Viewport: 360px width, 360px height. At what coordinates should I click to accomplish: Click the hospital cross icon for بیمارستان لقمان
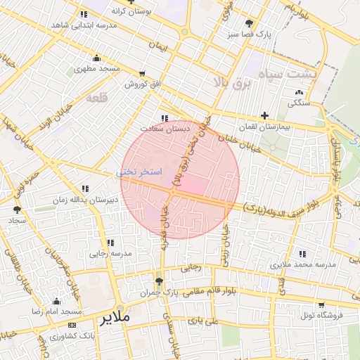264,115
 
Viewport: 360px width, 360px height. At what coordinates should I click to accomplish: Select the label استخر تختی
139,172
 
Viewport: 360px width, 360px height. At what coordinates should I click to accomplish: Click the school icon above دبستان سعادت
165,118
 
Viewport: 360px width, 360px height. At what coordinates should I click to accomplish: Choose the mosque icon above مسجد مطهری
96,58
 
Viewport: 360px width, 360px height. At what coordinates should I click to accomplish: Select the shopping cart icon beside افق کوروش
143,73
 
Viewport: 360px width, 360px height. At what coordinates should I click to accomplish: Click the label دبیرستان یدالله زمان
82,200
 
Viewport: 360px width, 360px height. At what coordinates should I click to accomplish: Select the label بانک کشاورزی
72,336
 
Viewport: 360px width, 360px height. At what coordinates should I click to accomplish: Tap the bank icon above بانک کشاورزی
72,325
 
